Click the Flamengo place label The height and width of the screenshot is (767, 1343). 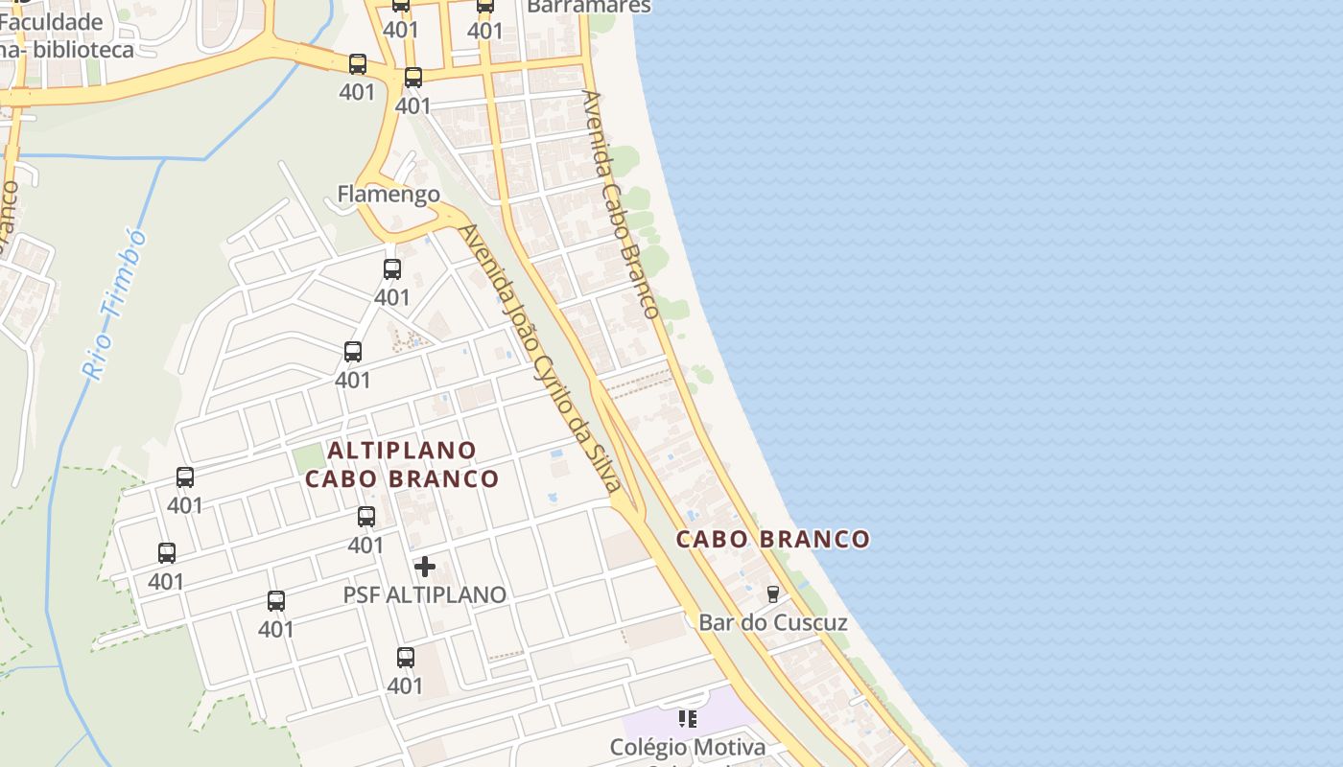(x=389, y=195)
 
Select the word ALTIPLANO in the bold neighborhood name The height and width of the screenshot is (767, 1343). (x=402, y=450)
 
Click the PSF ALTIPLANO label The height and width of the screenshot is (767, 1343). (x=424, y=594)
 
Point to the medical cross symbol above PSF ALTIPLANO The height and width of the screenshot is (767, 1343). (x=424, y=567)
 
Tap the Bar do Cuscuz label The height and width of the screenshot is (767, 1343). (x=772, y=622)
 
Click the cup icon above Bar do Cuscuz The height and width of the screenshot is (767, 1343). (x=772, y=593)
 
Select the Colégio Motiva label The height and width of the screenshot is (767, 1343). (x=688, y=747)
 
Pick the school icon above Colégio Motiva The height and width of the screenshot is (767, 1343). (x=687, y=718)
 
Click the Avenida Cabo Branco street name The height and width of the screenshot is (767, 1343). (x=621, y=204)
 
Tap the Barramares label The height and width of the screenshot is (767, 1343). (x=589, y=6)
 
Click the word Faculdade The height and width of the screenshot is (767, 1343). (x=51, y=22)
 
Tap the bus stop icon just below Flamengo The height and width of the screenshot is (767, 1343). (x=391, y=269)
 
